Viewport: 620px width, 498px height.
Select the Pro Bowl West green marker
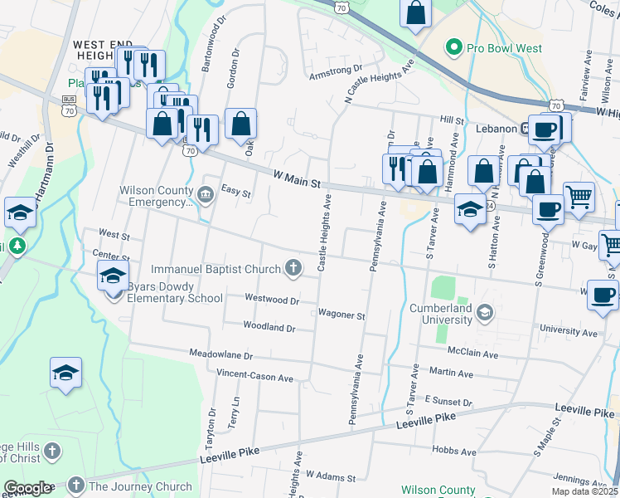(x=453, y=48)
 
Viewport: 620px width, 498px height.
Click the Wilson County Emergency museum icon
(x=206, y=194)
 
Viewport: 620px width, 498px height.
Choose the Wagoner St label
(x=341, y=315)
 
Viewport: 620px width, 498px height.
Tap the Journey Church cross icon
(x=75, y=485)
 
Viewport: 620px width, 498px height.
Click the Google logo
(x=27, y=488)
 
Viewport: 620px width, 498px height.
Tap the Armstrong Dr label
(x=336, y=71)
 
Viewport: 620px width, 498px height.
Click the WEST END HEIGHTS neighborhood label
(x=104, y=50)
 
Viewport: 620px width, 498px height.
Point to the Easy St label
(x=235, y=193)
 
